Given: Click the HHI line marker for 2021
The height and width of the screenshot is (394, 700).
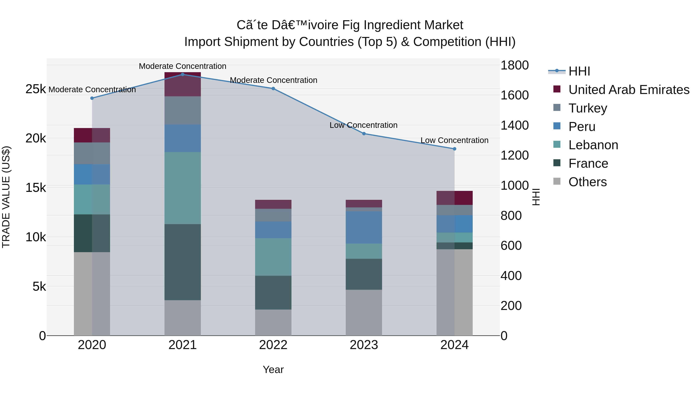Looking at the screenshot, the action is click(183, 74).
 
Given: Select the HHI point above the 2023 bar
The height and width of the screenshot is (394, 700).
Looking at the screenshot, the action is click(364, 133).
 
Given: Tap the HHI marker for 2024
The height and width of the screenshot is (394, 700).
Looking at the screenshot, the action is click(454, 149).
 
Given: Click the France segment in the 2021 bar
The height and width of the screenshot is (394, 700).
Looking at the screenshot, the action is click(183, 262).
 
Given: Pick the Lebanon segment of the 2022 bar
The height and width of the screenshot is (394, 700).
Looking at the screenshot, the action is click(273, 257).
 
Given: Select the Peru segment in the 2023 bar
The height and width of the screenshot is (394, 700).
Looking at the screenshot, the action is click(364, 228).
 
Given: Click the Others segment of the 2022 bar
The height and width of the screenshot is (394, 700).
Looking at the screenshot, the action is click(273, 322).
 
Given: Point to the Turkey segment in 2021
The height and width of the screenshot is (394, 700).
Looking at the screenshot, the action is click(183, 110).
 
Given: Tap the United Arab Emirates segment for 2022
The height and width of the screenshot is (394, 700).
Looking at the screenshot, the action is click(273, 204).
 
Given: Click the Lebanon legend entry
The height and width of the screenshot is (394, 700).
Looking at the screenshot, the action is click(586, 145).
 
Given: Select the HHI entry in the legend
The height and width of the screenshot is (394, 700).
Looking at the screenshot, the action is click(569, 71).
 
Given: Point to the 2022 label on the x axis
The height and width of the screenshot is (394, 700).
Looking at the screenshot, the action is click(273, 345).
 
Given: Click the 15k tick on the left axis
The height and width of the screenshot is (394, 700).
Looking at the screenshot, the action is click(36, 188).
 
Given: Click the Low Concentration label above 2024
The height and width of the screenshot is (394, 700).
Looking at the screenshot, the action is click(454, 140).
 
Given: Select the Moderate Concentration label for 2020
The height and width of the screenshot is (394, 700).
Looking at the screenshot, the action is click(92, 90).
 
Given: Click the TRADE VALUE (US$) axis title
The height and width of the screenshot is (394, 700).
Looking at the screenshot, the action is click(6, 197).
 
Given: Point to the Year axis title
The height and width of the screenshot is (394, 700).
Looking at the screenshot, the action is click(273, 369).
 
